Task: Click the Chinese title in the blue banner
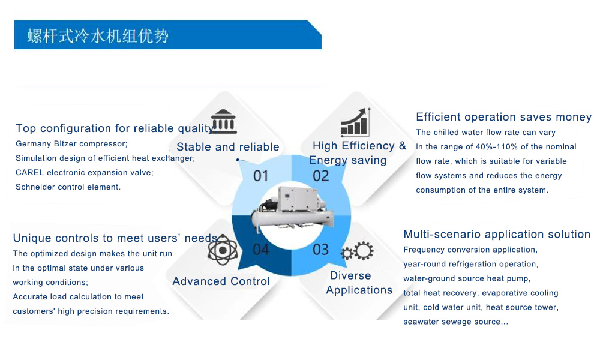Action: [98, 36]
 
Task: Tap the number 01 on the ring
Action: [260, 176]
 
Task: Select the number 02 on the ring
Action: [320, 176]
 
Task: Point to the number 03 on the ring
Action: [320, 250]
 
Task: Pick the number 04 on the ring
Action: [260, 250]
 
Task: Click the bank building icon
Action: [223, 121]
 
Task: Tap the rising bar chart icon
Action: [355, 122]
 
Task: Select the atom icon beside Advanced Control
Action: [223, 250]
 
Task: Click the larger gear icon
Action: [364, 251]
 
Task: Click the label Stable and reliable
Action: [227, 147]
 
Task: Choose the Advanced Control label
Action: [221, 281]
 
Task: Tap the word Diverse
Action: [350, 275]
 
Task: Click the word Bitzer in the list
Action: [68, 144]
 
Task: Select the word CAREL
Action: [29, 173]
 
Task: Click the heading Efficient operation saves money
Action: [503, 117]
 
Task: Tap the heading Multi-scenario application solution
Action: [497, 234]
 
